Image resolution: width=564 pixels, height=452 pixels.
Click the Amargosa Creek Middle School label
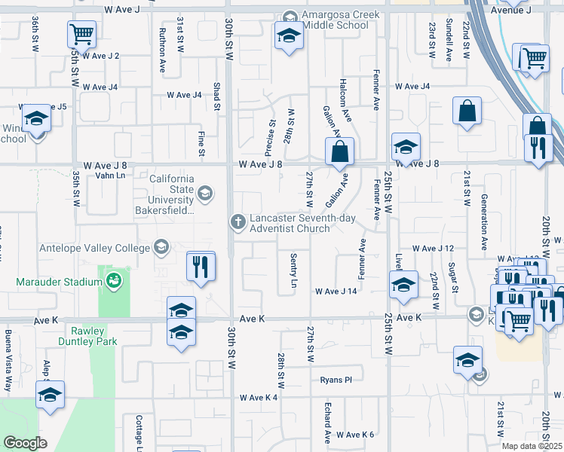click(x=335, y=20)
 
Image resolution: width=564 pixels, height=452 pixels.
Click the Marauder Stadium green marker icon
click(x=114, y=282)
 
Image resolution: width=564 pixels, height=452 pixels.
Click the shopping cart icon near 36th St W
click(x=82, y=34)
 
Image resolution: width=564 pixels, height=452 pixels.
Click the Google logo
click(x=25, y=442)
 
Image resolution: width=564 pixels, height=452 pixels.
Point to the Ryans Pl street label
click(x=336, y=380)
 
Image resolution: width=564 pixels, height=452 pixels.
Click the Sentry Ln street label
click(x=294, y=270)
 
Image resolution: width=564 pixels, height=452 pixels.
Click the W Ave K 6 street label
click(x=355, y=435)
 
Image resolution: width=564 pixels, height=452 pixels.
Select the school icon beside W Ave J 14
click(x=403, y=286)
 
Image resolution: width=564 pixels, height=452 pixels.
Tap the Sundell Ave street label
click(x=449, y=40)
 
